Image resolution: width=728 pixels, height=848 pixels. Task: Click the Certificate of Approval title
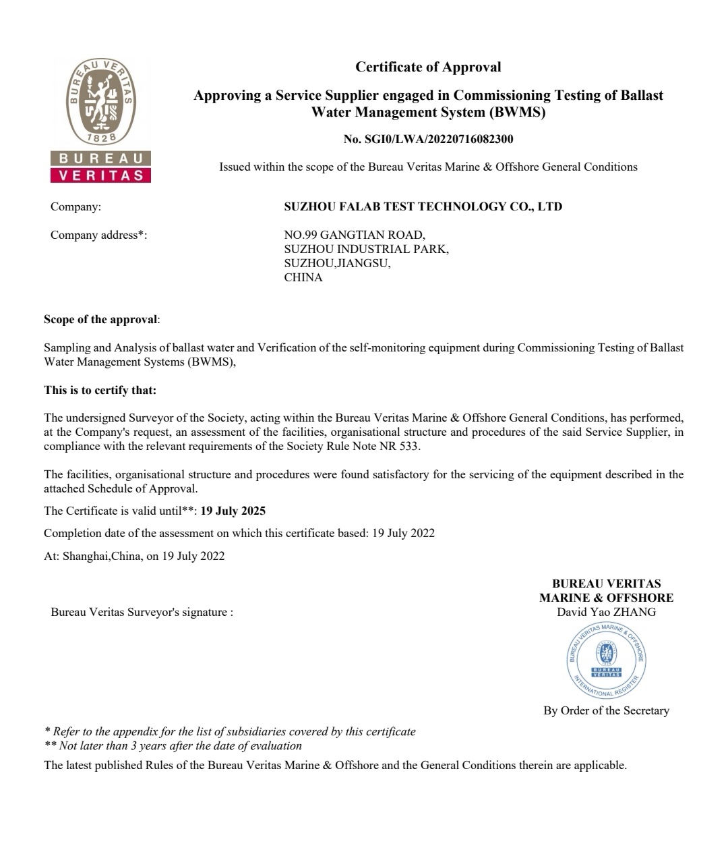point(428,67)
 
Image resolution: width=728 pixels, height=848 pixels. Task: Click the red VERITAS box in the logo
point(101,175)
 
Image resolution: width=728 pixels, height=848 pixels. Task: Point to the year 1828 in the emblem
point(101,138)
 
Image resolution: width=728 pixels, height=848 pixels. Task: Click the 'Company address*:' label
point(98,235)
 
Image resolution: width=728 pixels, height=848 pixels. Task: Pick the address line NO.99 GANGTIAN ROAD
point(355,235)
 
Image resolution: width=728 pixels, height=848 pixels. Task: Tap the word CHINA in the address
point(303,277)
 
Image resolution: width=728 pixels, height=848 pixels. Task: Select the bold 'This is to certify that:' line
point(100,390)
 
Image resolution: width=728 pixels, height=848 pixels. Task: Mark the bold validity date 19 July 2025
point(233,511)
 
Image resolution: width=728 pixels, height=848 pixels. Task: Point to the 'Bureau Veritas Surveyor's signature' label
point(142,613)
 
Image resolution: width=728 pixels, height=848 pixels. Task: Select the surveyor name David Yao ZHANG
point(606,613)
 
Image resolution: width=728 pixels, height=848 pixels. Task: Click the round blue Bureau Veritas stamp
point(607,660)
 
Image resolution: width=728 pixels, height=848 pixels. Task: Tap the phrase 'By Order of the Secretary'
point(606,710)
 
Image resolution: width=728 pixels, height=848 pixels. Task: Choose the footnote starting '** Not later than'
point(173,745)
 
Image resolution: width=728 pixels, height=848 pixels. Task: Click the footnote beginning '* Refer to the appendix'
point(229,731)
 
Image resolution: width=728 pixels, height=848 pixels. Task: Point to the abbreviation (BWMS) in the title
point(518,112)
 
